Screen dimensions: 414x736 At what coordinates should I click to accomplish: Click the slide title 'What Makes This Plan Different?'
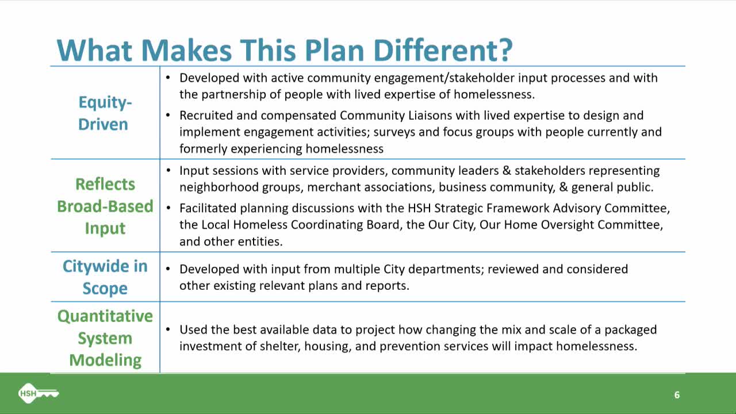[x=284, y=50]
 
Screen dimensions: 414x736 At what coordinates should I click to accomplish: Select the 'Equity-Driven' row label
[x=105, y=113]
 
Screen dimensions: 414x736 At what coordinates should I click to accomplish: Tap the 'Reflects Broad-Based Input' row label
[x=105, y=206]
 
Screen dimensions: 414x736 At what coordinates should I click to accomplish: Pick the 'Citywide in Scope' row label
[x=105, y=277]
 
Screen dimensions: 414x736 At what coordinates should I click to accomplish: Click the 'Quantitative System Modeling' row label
[x=105, y=338]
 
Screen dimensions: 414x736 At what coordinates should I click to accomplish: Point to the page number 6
[x=677, y=395]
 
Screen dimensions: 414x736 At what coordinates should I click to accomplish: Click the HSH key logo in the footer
[x=39, y=393]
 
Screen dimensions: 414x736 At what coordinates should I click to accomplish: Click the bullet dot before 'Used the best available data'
[x=168, y=330]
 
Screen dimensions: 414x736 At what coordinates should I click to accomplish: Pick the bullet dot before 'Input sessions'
[x=168, y=171]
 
